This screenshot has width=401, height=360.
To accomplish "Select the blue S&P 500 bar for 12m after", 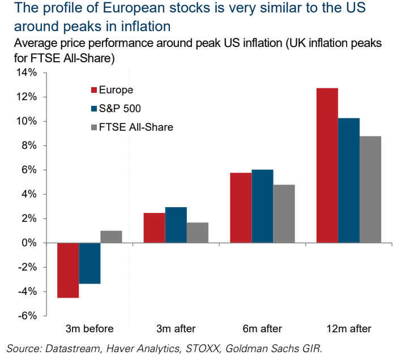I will point(349,180).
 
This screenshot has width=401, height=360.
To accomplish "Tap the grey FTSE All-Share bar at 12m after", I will point(370,189).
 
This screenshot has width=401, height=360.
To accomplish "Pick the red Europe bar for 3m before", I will point(68,270).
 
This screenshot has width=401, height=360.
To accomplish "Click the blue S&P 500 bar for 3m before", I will point(89,263).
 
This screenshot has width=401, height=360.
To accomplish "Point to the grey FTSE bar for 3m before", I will point(112,237).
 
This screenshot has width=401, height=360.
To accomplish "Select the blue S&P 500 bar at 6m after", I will point(262,206).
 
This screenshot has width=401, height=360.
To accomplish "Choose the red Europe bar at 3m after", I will point(154,228).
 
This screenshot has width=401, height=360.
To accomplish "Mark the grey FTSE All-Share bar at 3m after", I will point(198,233).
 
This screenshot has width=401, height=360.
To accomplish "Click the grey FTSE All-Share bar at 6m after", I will point(284,213).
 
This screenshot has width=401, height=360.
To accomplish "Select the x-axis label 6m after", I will point(262,329).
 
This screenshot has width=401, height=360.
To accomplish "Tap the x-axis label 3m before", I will point(89,329).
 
